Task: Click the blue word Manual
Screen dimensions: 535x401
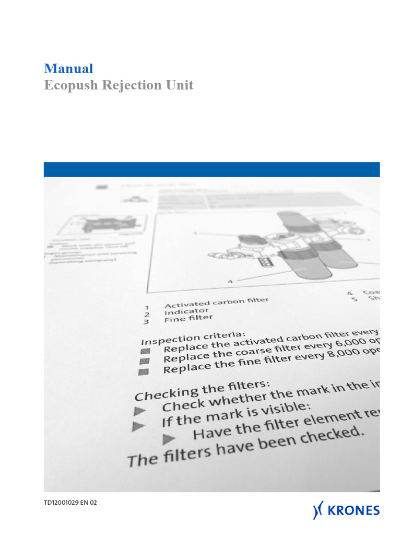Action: pos(68,68)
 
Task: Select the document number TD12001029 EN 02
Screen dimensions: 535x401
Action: pos(70,503)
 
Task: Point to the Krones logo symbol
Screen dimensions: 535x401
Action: pos(318,510)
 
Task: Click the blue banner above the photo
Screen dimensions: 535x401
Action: pos(211,170)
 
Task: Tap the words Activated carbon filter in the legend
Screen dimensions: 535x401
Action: pos(216,301)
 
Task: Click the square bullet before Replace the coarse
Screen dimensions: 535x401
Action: pos(145,361)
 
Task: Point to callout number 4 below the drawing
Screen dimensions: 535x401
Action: pos(230,281)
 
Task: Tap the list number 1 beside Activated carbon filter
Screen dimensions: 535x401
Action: pos(147,308)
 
